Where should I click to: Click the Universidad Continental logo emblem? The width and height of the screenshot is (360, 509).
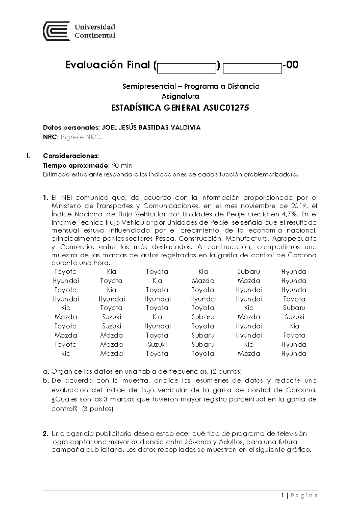point(56,31)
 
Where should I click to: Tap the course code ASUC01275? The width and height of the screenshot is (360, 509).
point(226,108)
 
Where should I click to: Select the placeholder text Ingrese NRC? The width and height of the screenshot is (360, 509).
point(81,138)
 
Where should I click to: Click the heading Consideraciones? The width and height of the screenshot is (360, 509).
point(71,156)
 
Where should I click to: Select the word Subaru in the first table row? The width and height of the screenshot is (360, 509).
point(248,272)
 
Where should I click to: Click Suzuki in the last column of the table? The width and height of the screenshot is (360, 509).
point(294,317)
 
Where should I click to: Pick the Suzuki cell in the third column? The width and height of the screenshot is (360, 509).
point(157,344)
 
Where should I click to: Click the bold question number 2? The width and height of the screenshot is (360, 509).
point(46,434)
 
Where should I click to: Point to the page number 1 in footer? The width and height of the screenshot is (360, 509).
point(283,496)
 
